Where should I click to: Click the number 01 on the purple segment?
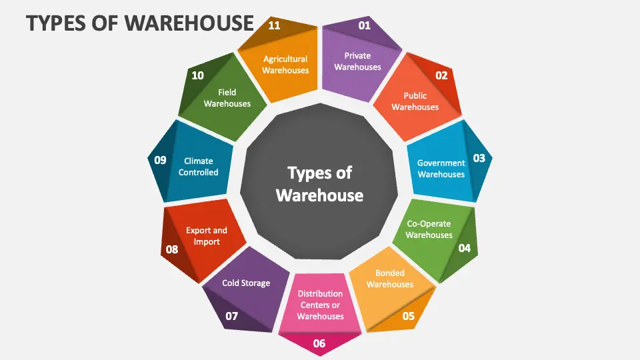pos(364,25)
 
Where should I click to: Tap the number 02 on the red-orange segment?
pos(441,75)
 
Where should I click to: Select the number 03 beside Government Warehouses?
pos(479,158)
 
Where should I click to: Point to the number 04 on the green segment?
pos(464,248)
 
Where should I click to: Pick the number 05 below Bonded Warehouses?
pos(408,316)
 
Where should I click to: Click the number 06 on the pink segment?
pos(319,344)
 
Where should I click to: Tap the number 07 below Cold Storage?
pos(231,316)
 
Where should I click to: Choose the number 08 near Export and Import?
pos(172,249)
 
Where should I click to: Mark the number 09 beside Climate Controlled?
pos(160,160)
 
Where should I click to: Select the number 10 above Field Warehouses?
pos(197,75)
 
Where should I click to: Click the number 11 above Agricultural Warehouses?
pos(274,25)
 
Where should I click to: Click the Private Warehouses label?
pos(357,61)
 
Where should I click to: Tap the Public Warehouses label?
pos(415,101)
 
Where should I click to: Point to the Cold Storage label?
pos(246,283)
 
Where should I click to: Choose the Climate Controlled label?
pos(199,167)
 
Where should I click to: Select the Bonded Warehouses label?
pos(390,279)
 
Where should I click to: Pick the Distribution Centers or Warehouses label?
pos(321,305)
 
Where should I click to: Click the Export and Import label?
pos(207,236)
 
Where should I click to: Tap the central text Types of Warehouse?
pos(319,184)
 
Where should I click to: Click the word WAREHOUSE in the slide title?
pos(189,23)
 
